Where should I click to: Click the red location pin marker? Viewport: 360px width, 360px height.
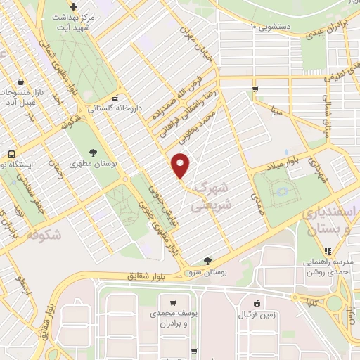click(181, 165)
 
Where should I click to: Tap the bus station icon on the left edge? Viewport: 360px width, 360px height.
click(11, 154)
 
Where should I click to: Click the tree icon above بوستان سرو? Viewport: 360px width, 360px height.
click(206, 260)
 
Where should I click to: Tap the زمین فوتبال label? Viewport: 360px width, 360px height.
click(257, 314)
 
